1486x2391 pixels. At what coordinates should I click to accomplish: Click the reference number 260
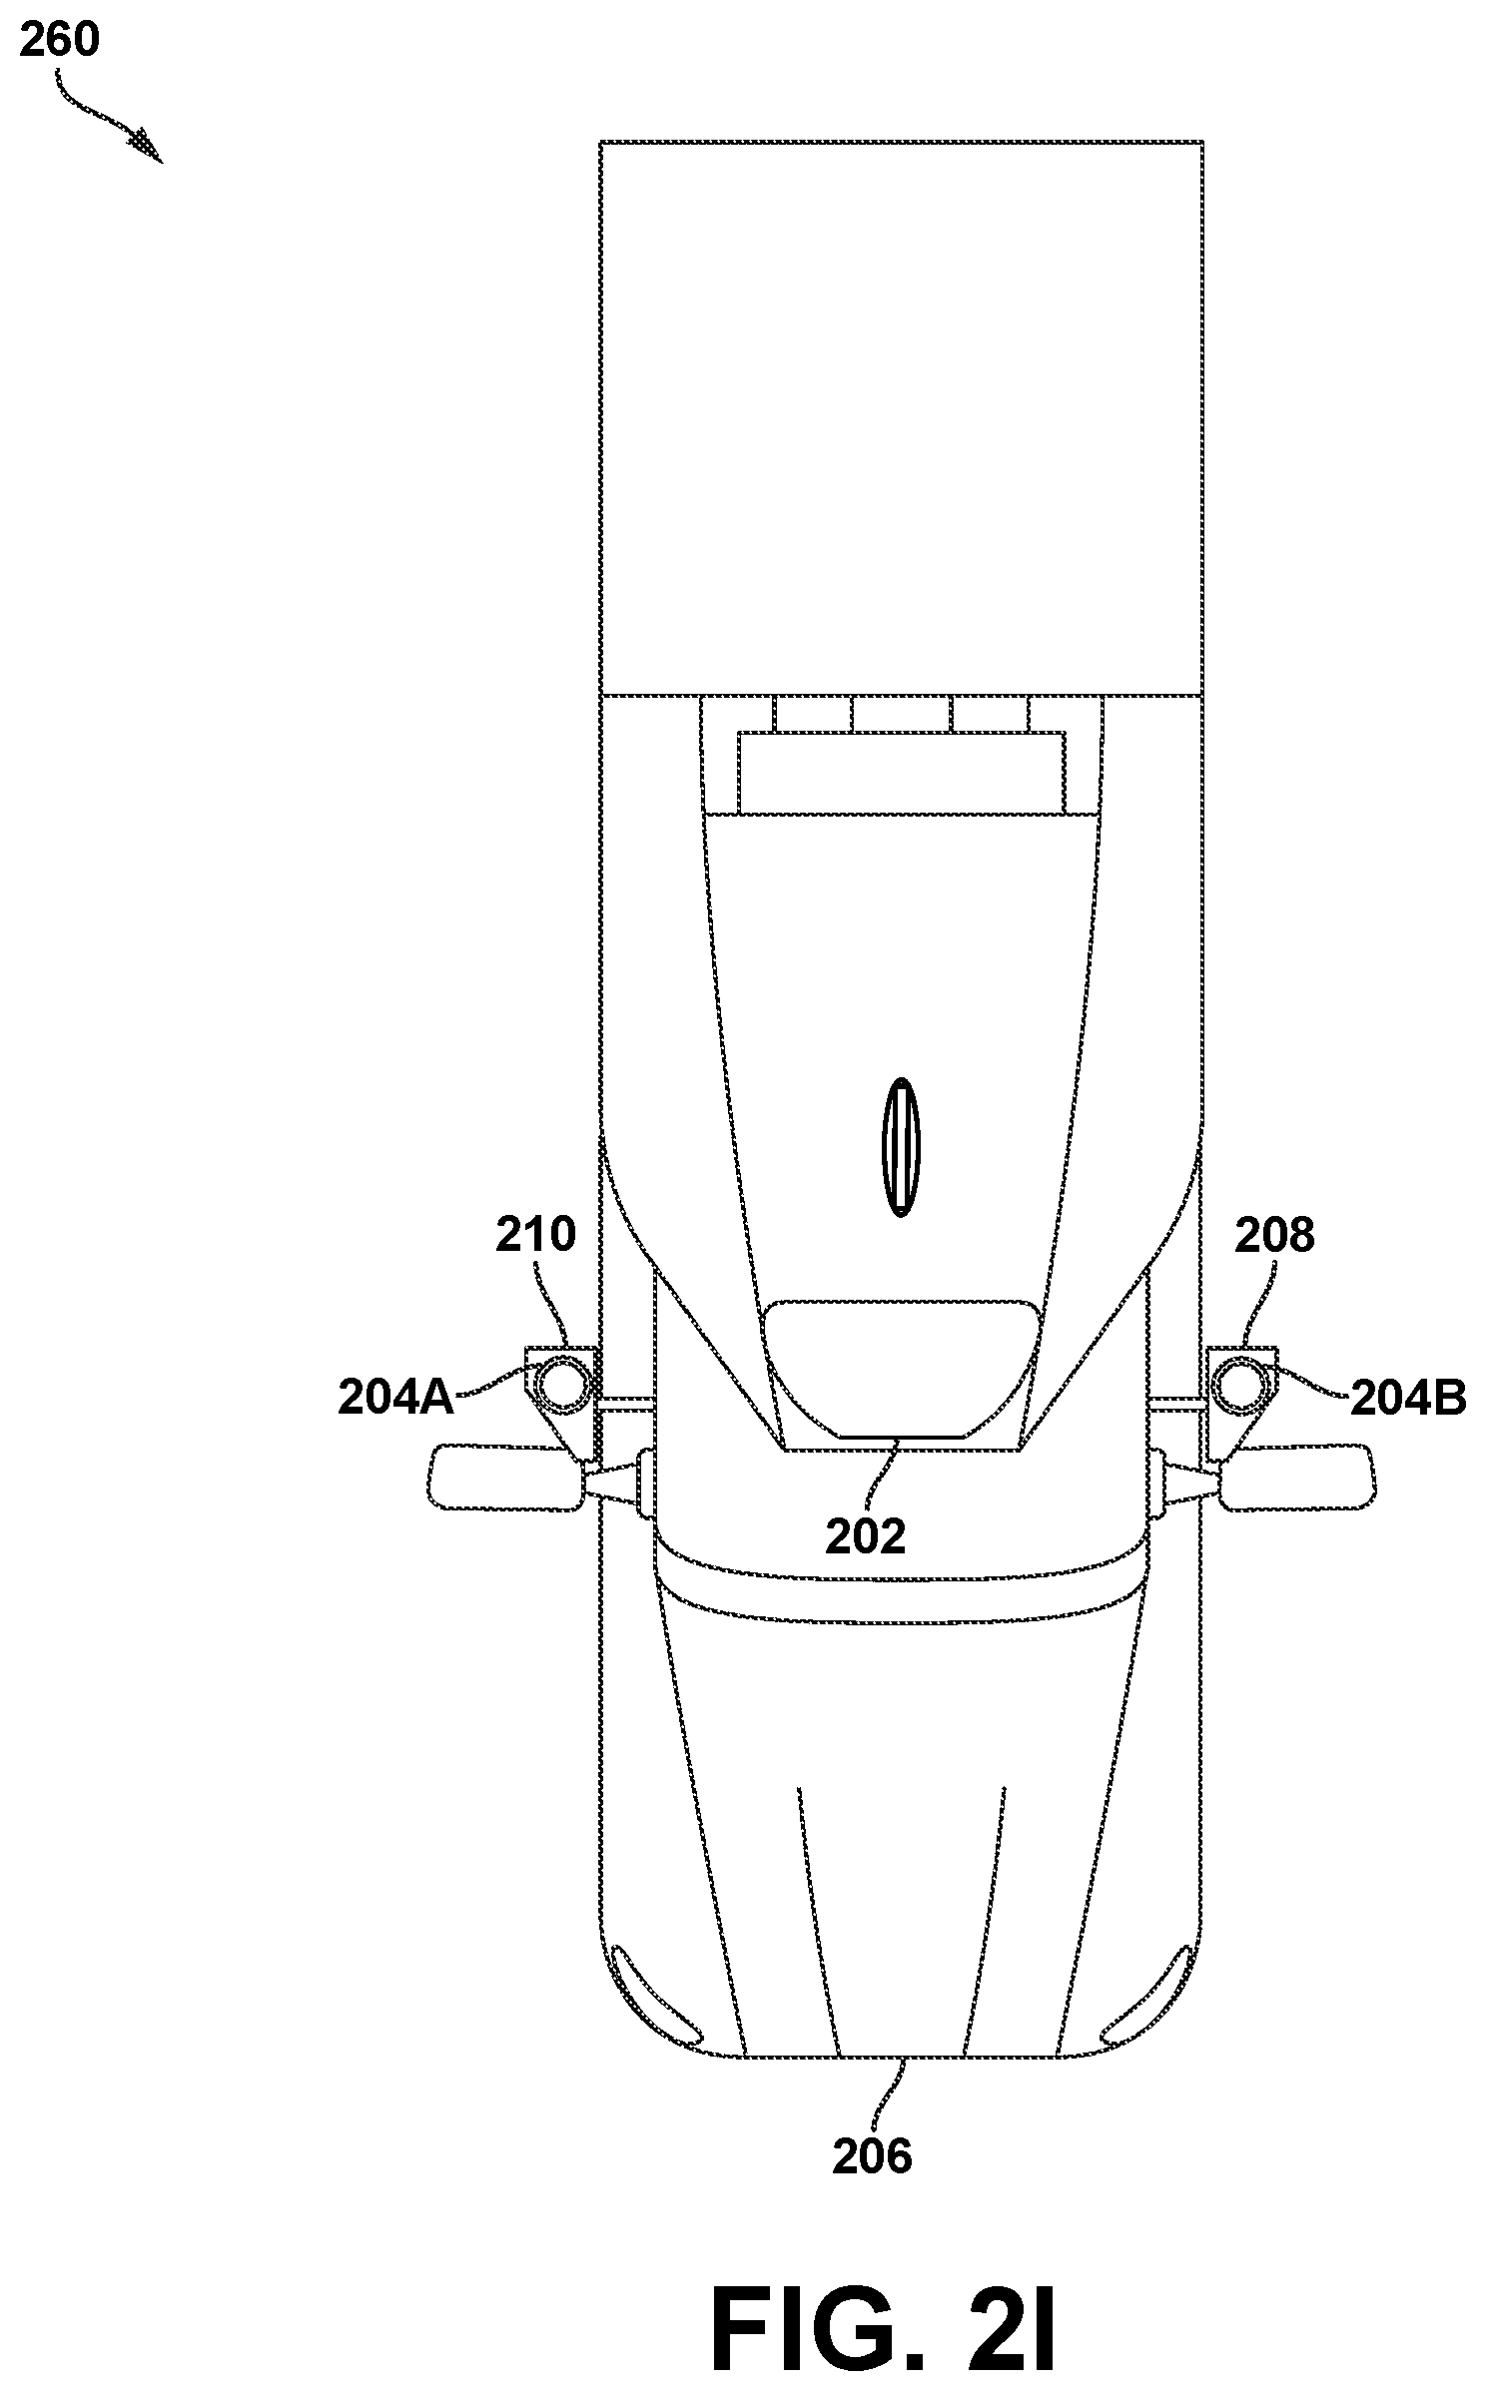click(60, 41)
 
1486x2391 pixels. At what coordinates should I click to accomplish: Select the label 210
click(536, 1235)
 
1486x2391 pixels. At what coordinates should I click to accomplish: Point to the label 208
click(1274, 1236)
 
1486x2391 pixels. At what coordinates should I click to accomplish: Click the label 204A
click(395, 1398)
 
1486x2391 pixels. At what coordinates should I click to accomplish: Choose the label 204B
click(1409, 1400)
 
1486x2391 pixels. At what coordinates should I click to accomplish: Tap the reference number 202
click(865, 1536)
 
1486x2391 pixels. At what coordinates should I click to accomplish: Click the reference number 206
click(872, 2157)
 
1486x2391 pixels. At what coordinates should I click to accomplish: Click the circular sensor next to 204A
click(562, 1386)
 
